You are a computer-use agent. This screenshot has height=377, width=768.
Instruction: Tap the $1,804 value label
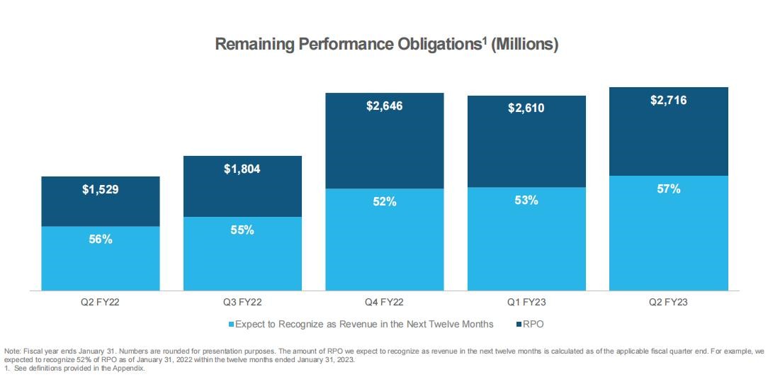pyautogui.click(x=242, y=170)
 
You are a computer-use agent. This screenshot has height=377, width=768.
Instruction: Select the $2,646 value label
pyautogui.click(x=385, y=106)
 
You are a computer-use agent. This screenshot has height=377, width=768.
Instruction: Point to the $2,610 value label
pyautogui.click(x=526, y=108)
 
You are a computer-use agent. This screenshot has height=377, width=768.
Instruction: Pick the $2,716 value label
pyautogui.click(x=668, y=100)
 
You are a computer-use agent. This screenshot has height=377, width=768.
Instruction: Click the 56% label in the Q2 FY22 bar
pyautogui.click(x=101, y=240)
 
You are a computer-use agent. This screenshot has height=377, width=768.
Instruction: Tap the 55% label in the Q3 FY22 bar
pyautogui.click(x=242, y=230)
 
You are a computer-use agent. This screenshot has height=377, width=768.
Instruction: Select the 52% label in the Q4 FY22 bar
pyautogui.click(x=385, y=202)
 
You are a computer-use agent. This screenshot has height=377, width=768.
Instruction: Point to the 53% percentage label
pyautogui.click(x=526, y=200)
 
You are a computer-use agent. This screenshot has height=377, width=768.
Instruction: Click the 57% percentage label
pyautogui.click(x=668, y=189)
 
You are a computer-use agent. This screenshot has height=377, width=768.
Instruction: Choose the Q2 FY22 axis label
pyautogui.click(x=101, y=302)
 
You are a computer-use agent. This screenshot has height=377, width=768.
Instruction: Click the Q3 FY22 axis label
pyautogui.click(x=242, y=302)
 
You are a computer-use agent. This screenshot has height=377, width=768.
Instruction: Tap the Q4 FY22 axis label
pyautogui.click(x=385, y=302)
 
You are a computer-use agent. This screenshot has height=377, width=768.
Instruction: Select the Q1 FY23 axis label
pyautogui.click(x=526, y=302)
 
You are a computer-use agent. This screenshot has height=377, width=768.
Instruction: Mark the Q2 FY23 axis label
pyautogui.click(x=668, y=302)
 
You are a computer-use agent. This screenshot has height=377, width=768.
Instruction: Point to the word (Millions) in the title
pyautogui.click(x=525, y=45)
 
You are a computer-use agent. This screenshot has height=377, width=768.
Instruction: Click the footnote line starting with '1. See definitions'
pyautogui.click(x=74, y=368)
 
